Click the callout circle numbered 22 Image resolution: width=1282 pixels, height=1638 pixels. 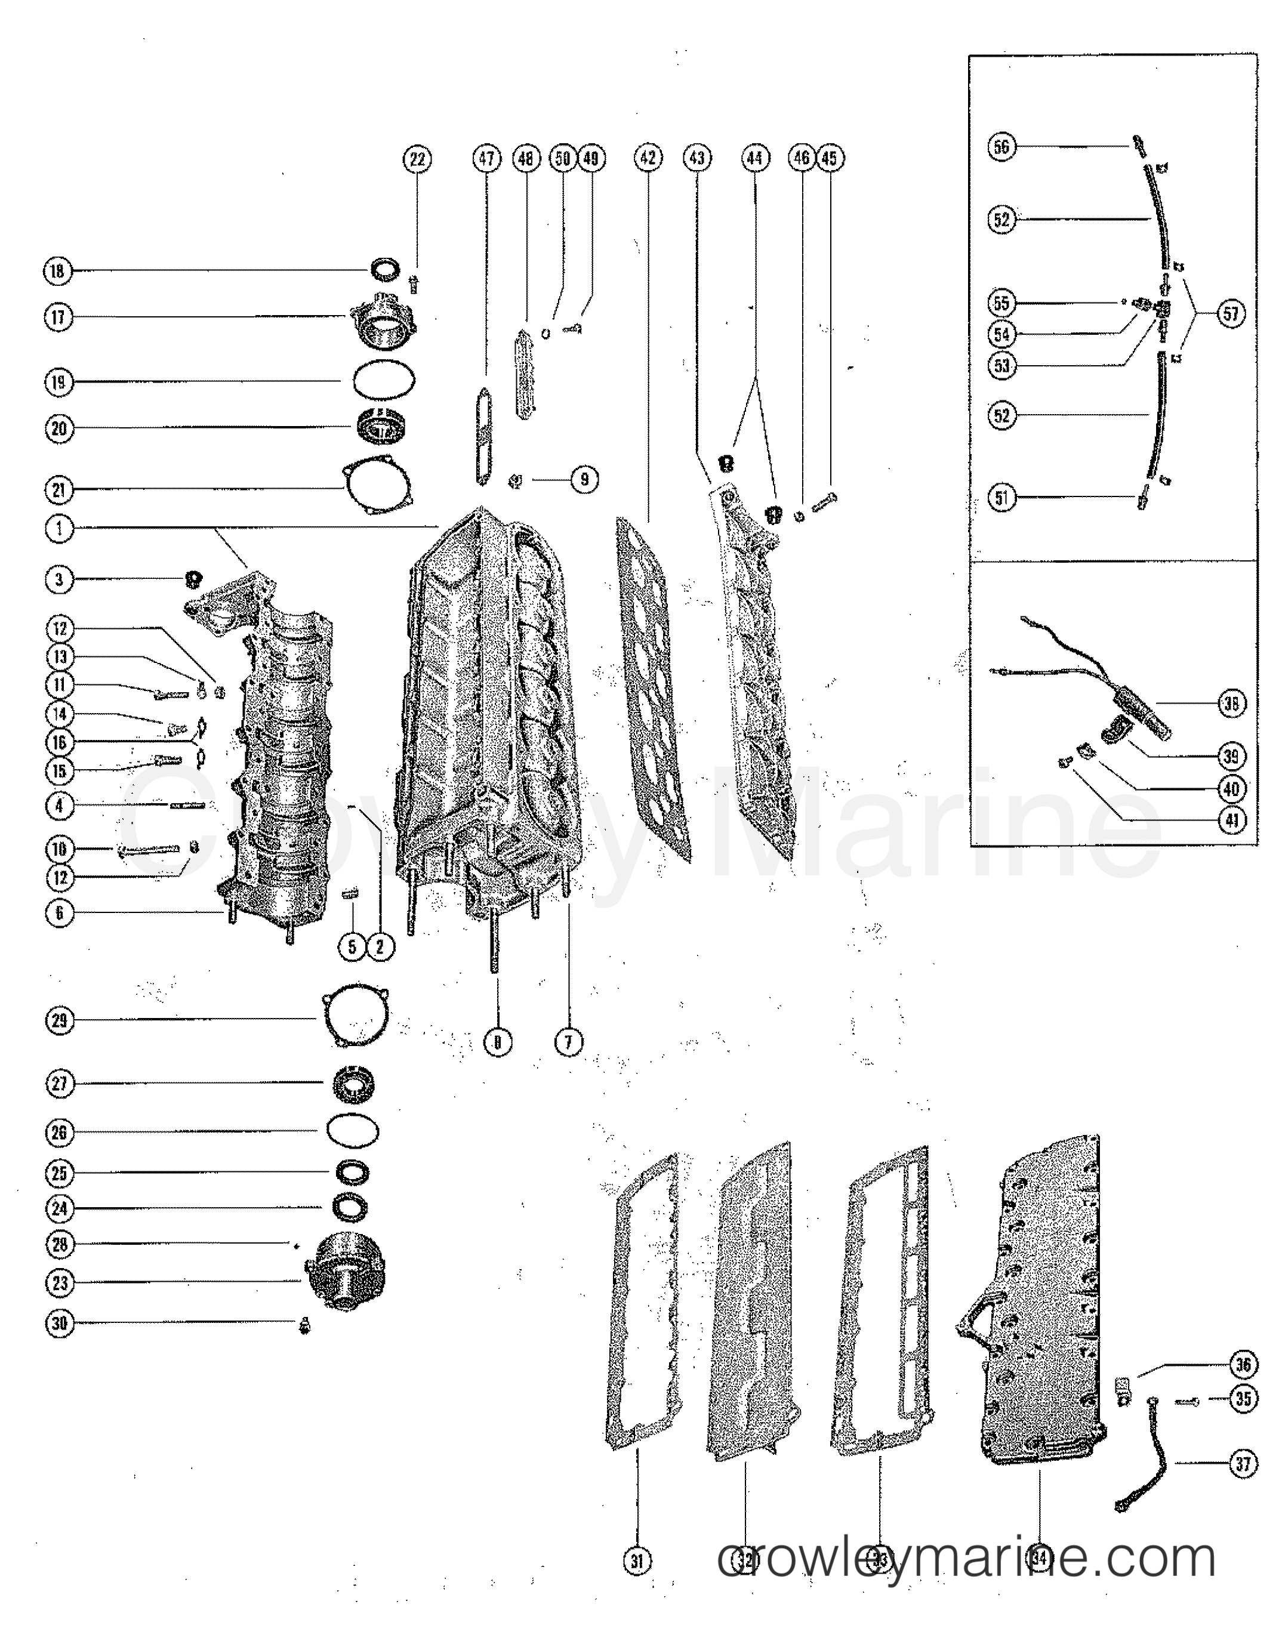(417, 159)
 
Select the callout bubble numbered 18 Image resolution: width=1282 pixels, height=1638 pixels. (58, 271)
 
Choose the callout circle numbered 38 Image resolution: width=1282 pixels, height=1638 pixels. (1231, 703)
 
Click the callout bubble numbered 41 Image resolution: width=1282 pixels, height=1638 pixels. (1231, 820)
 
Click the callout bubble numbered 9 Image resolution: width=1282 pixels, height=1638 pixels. (585, 479)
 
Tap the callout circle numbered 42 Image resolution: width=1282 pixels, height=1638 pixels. (649, 158)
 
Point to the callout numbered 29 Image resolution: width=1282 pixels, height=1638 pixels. (60, 1020)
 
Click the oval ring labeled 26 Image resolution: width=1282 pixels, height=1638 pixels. (353, 1131)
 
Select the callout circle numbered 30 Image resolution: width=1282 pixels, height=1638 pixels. (60, 1323)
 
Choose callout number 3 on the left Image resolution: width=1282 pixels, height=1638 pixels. (59, 579)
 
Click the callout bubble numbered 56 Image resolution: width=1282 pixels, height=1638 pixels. (1002, 146)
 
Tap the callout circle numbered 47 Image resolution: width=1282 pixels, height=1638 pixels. (487, 158)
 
